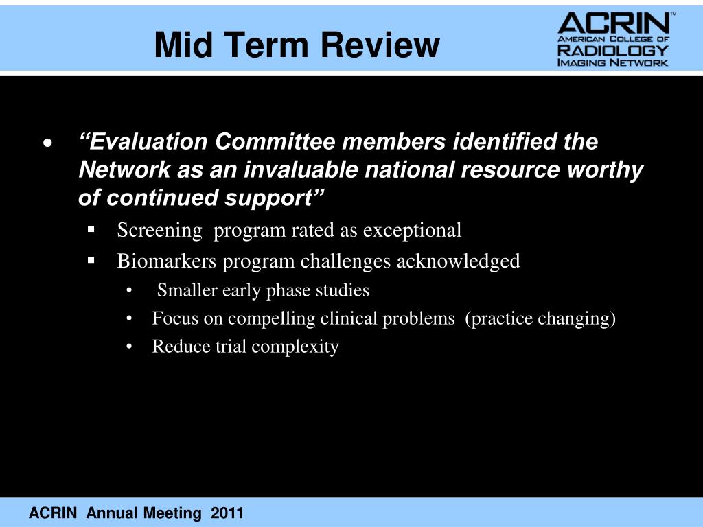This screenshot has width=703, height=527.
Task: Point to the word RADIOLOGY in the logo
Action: (x=612, y=51)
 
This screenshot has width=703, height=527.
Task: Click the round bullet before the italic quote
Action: (x=47, y=143)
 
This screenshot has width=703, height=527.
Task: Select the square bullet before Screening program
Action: (x=91, y=229)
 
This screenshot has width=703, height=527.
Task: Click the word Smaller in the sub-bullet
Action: (x=185, y=291)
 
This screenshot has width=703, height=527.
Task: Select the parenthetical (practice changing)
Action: (x=540, y=319)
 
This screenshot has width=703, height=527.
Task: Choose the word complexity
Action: (x=295, y=347)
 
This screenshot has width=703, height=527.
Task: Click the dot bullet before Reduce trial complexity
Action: (x=130, y=347)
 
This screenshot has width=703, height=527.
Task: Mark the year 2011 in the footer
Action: (x=227, y=513)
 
